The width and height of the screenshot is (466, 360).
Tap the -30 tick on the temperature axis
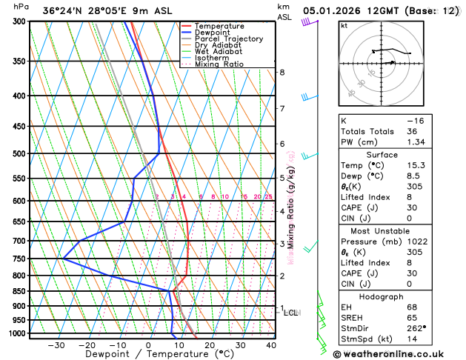pos(56,345)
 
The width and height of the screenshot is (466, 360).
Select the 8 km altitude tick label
pos(282,72)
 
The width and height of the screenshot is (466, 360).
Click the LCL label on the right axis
pos(290,313)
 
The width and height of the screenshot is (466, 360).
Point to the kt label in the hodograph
pos(344,26)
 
